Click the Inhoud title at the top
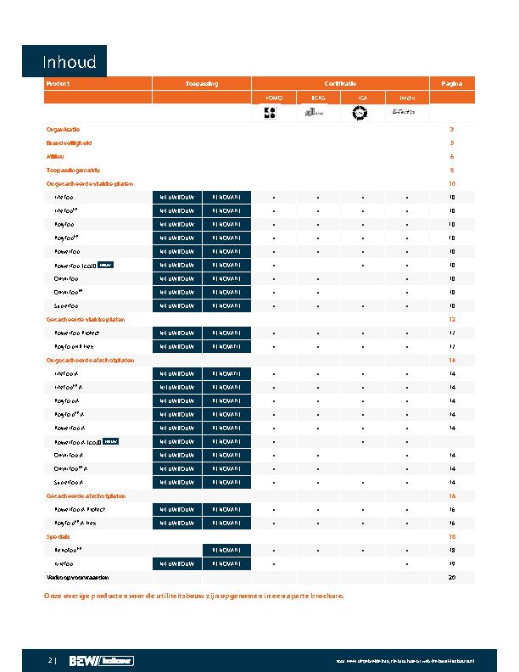click(71, 62)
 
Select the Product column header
click(58, 84)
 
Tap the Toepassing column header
click(202, 84)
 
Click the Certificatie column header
click(339, 84)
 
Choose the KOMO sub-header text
click(274, 98)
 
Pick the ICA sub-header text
click(362, 98)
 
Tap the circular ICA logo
click(362, 113)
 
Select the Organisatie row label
click(63, 129)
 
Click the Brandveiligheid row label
click(68, 143)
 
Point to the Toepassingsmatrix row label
click(72, 170)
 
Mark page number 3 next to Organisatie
click(452, 129)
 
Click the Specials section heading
click(57, 536)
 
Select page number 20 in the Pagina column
click(452, 577)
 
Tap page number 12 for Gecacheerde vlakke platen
click(452, 319)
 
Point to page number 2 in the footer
click(50, 660)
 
